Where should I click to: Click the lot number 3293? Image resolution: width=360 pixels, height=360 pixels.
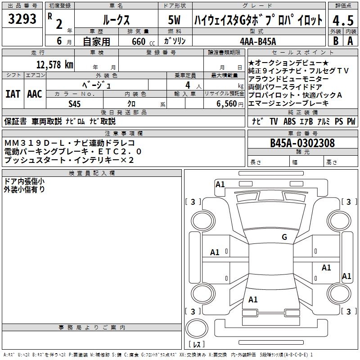22,19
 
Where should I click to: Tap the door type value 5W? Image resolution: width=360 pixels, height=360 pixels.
174,20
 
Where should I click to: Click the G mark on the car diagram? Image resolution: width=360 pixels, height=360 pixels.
284,237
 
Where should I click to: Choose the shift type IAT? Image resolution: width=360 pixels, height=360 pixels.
13,94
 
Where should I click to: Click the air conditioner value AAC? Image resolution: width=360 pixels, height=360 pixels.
34,94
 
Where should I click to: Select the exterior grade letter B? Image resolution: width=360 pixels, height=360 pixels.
335,41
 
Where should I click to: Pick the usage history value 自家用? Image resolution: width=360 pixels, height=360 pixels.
96,41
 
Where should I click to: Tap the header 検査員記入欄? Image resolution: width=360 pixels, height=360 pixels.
92,173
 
